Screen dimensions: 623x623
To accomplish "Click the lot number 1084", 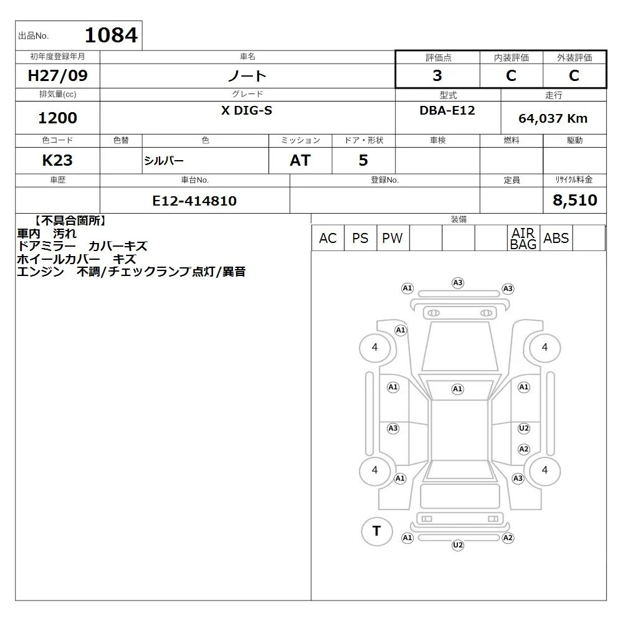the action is click(x=112, y=35).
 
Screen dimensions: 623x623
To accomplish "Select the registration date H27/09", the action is click(x=57, y=75).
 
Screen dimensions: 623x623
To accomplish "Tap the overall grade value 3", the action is click(x=437, y=75).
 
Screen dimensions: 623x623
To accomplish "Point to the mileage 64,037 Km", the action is click(x=553, y=118).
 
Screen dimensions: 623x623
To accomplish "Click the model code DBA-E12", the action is click(x=447, y=110).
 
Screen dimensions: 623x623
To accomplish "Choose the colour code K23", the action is click(x=57, y=161).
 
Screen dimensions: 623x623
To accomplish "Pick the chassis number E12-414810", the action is click(x=194, y=201).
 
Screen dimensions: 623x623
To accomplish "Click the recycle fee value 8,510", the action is click(x=575, y=200).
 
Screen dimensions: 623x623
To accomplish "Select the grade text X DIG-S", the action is click(x=247, y=110).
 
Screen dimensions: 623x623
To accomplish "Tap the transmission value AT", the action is click(x=300, y=161).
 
